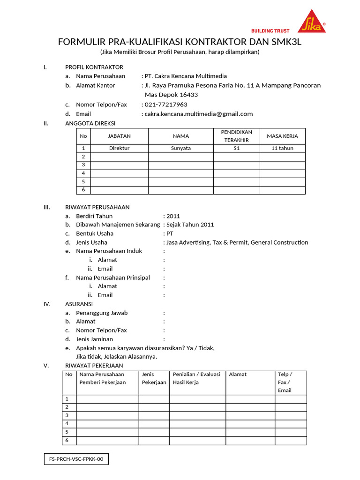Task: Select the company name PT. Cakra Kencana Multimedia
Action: coord(186,76)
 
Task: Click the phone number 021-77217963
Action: coord(166,105)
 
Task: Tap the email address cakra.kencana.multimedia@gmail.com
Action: coord(199,114)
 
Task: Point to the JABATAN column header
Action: coord(120,136)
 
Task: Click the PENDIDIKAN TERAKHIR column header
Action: coord(237,136)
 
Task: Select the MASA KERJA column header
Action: coord(282,136)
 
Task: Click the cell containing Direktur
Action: coord(120,148)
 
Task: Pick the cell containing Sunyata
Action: coord(181,148)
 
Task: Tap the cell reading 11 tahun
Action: coord(282,148)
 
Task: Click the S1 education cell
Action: coord(237,148)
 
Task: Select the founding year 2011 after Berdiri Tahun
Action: coord(173,216)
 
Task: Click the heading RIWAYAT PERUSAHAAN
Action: coord(97,207)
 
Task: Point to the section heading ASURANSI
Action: coord(79,304)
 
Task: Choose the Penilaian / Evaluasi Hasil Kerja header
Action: coord(196,378)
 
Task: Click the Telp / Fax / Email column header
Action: coord(285,382)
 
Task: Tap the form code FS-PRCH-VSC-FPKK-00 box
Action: coord(76,460)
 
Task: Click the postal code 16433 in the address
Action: coord(187,95)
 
